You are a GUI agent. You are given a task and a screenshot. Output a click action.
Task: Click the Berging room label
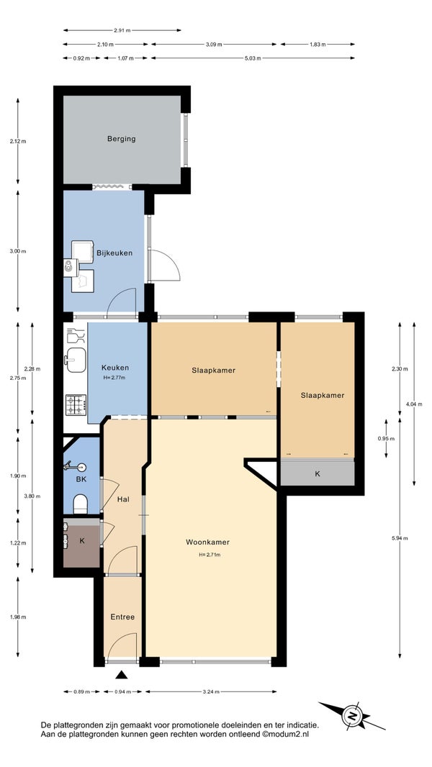point(122,139)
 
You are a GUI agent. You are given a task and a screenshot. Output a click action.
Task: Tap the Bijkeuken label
point(114,253)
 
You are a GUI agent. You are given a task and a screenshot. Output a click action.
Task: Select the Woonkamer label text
point(207,542)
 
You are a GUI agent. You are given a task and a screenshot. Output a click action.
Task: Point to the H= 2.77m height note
point(114,378)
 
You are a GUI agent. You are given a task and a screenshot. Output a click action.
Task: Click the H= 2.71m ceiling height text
point(210,555)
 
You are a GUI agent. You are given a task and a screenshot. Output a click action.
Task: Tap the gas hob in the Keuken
point(76,405)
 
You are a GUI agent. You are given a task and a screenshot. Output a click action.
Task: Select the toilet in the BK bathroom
point(80,504)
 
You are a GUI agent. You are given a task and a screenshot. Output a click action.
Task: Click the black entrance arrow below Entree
point(122,675)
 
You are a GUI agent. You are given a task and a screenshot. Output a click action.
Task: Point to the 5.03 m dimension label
point(253,58)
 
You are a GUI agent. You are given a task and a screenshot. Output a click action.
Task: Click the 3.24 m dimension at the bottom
point(211,691)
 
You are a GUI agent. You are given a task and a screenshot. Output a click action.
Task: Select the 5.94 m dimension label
point(400,538)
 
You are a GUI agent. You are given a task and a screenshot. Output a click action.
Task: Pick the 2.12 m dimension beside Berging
point(18,141)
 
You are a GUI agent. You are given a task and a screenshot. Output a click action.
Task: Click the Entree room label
point(122,617)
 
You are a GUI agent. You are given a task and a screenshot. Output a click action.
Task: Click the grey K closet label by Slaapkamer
point(318,474)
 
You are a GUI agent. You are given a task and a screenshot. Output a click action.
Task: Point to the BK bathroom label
point(81,479)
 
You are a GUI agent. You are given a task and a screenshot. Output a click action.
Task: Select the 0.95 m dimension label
point(386,439)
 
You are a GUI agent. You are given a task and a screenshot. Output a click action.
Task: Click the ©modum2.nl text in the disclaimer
point(286,734)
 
